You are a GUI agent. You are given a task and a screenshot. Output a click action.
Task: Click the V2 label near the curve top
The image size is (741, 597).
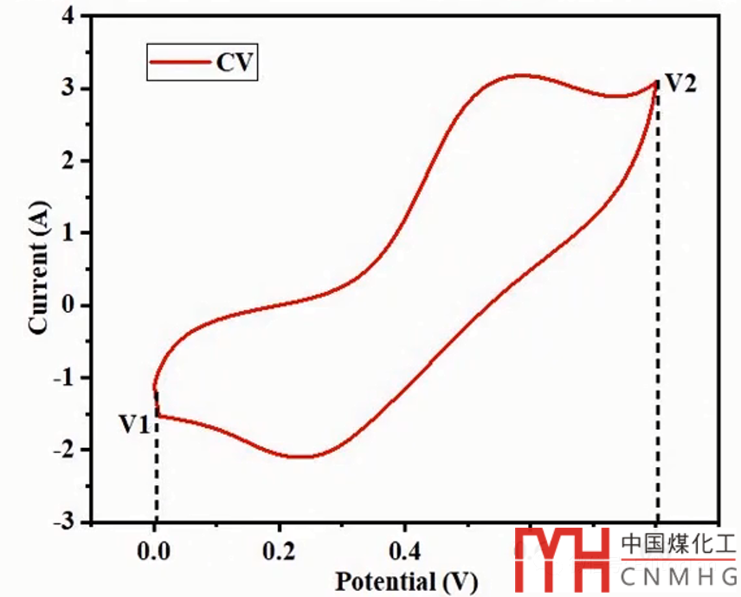point(679,84)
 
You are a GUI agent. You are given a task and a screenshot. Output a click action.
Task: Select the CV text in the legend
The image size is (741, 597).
point(235,63)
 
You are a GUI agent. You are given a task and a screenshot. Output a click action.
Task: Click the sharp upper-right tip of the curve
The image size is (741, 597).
point(655,81)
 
